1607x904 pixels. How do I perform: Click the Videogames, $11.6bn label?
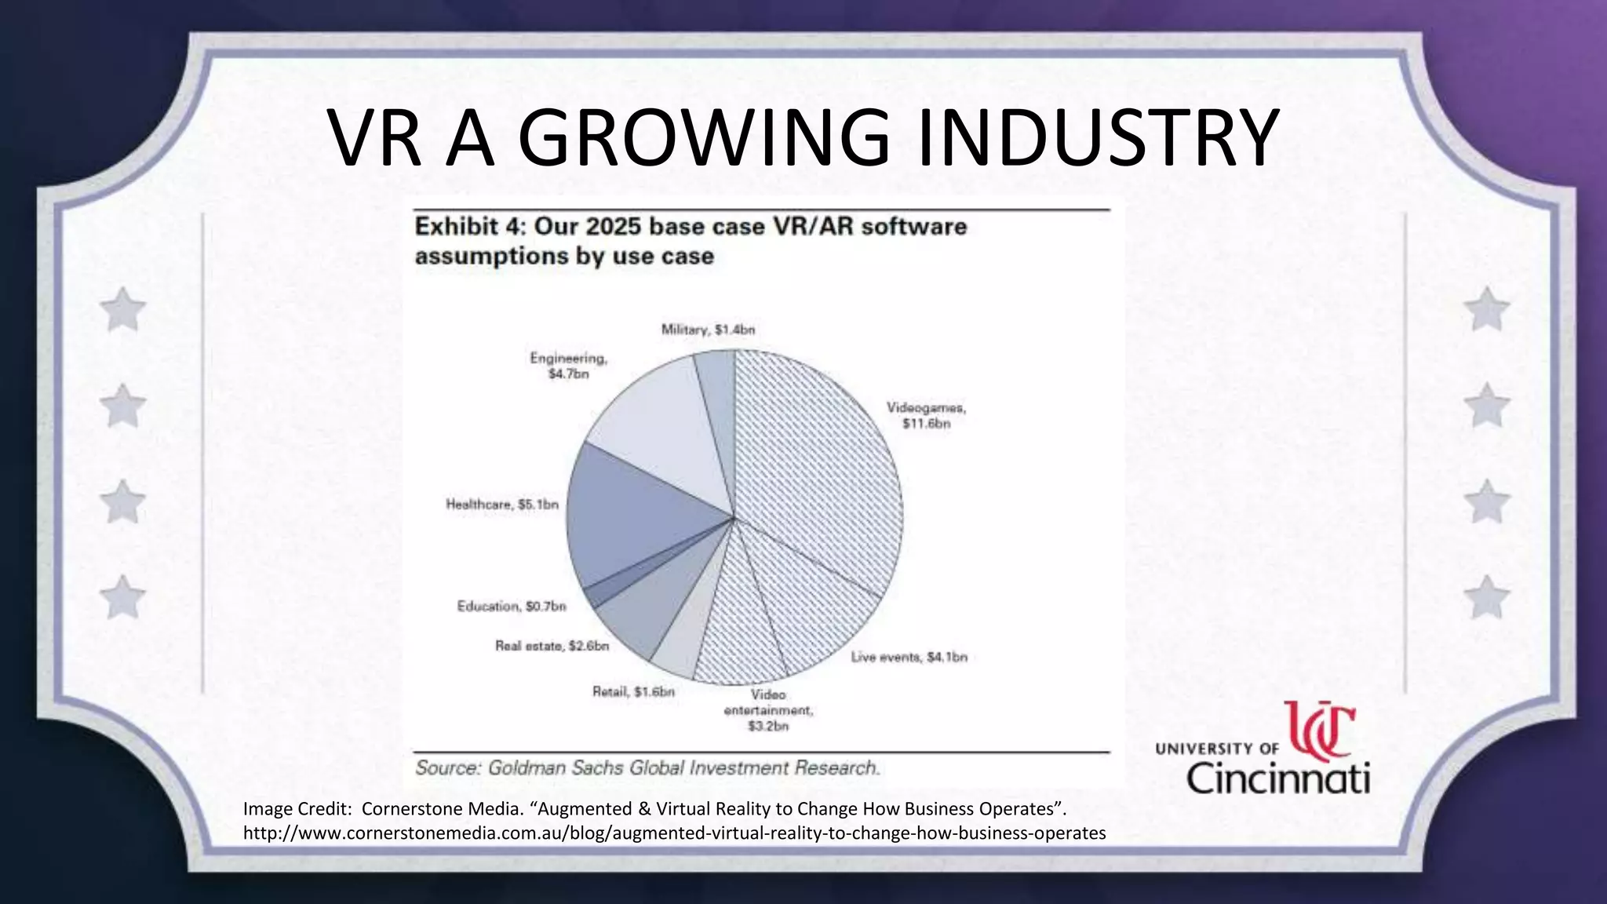click(x=926, y=416)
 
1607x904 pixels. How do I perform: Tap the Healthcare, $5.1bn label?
click(x=502, y=505)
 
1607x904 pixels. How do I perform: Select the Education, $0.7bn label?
click(x=512, y=607)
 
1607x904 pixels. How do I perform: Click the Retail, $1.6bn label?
click(x=633, y=692)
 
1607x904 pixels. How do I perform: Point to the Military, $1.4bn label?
click(x=708, y=330)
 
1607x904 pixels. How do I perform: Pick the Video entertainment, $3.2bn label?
click(x=768, y=710)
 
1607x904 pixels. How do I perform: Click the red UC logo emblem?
click(x=1319, y=731)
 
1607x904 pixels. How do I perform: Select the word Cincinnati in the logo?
click(x=1278, y=778)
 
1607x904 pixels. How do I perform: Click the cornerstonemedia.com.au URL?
click(x=674, y=833)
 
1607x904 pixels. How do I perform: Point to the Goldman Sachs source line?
click(x=647, y=767)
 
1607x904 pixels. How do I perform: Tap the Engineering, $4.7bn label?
click(x=569, y=366)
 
